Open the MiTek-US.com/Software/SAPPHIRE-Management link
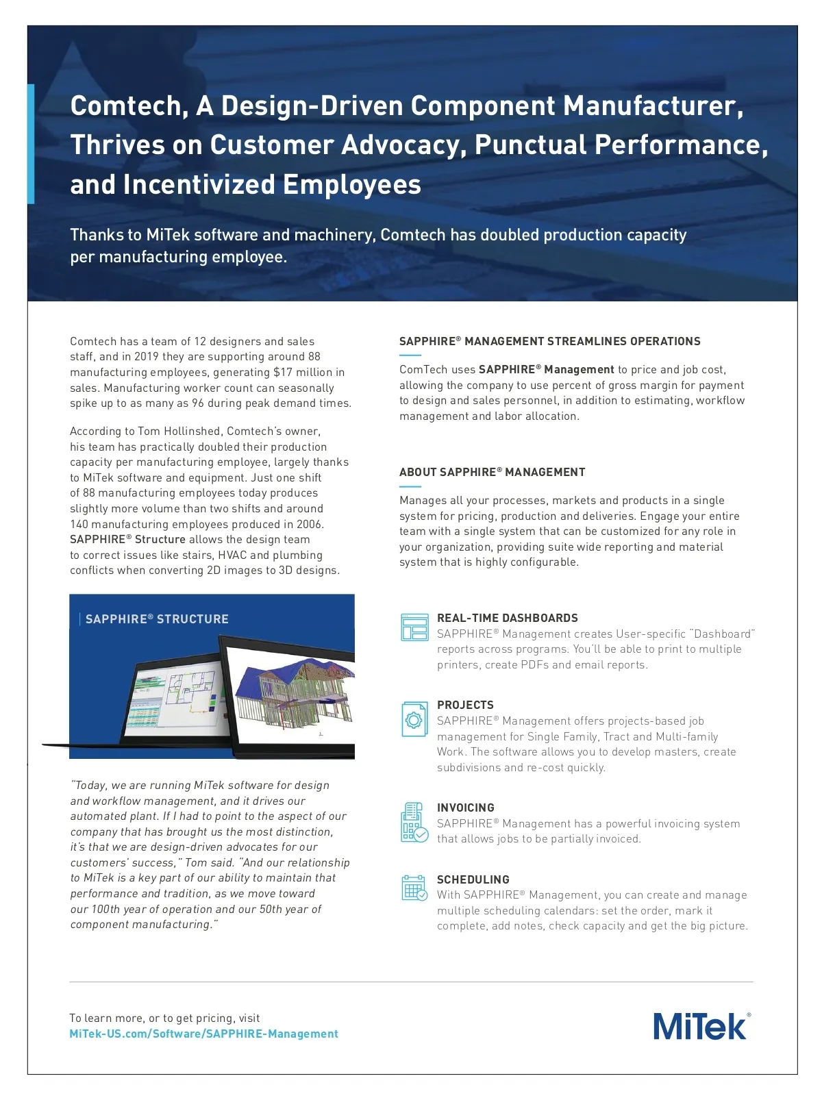[203, 1034]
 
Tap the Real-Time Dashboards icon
[414, 627]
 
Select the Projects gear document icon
[414, 719]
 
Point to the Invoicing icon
[414, 822]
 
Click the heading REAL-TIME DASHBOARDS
[507, 618]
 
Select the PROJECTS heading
[465, 705]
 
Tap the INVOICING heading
[465, 808]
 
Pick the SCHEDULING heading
[473, 879]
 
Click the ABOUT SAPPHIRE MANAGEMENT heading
[492, 472]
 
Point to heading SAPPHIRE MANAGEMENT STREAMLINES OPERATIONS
[549, 341]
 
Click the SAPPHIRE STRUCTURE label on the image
[157, 619]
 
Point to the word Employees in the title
[351, 185]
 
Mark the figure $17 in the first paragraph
[283, 372]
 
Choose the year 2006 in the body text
[309, 524]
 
